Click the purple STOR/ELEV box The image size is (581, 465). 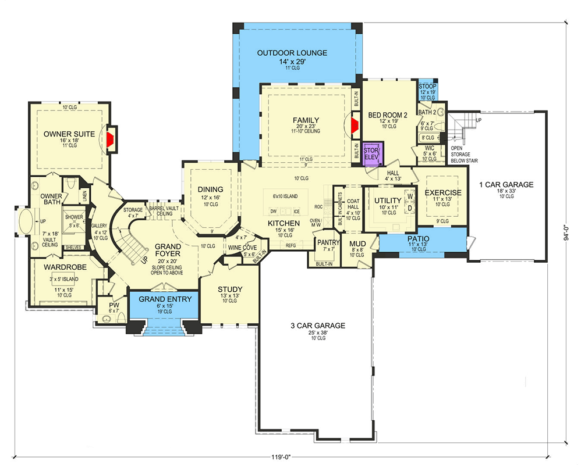(371, 153)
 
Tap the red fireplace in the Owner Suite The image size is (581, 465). (109, 137)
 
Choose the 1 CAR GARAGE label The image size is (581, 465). (506, 185)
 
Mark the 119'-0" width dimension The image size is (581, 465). (289, 457)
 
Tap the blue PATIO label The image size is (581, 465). (418, 239)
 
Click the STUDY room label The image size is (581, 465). (230, 289)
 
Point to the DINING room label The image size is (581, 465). (210, 189)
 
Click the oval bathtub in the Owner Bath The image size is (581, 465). (26, 222)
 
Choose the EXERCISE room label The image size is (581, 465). (442, 193)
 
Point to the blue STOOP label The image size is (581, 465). (427, 87)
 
